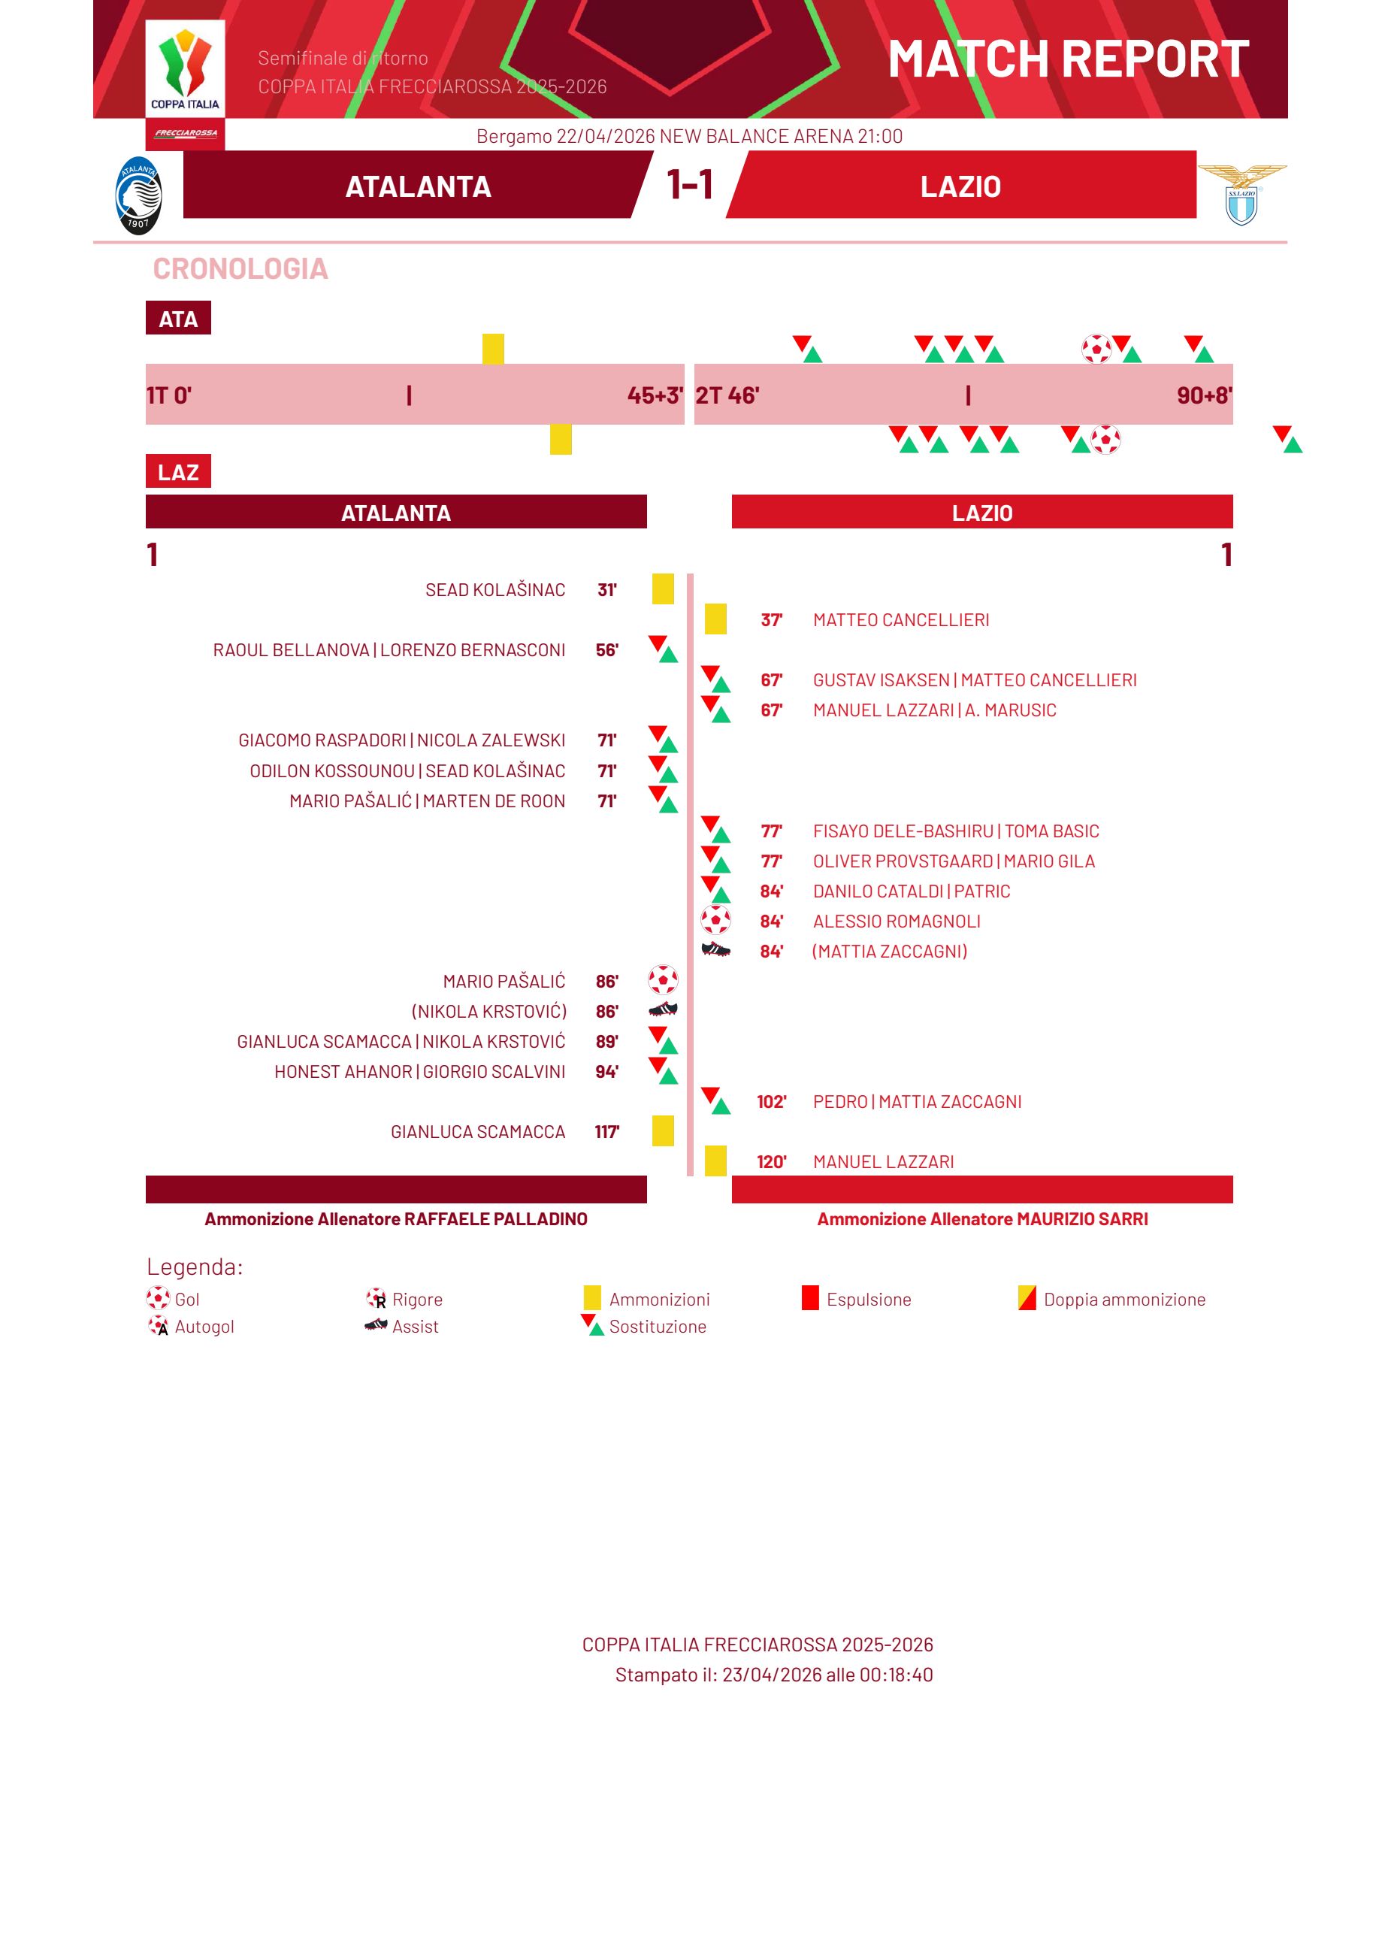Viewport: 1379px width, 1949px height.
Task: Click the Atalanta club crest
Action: point(138,195)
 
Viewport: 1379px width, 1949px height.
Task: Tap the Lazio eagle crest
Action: point(1241,195)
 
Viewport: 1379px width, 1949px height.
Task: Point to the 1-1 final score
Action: point(690,184)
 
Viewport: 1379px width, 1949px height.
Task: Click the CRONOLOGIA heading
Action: point(240,268)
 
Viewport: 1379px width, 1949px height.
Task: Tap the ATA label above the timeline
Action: point(178,319)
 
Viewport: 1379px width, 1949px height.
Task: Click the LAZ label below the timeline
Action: point(178,471)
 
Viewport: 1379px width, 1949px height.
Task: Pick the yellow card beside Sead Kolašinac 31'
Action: point(663,589)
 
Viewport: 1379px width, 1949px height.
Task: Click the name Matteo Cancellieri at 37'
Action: point(901,620)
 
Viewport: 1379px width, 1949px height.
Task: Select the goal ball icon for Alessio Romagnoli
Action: point(716,920)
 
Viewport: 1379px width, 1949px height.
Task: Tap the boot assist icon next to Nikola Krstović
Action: point(663,1009)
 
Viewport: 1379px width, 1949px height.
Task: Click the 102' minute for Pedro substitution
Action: point(771,1101)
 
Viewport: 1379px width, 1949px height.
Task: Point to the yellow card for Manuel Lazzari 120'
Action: point(716,1161)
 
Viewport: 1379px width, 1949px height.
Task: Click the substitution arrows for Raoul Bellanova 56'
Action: point(663,649)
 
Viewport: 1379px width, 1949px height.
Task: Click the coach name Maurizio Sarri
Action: point(1083,1218)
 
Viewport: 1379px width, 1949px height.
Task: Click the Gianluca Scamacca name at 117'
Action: point(478,1131)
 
